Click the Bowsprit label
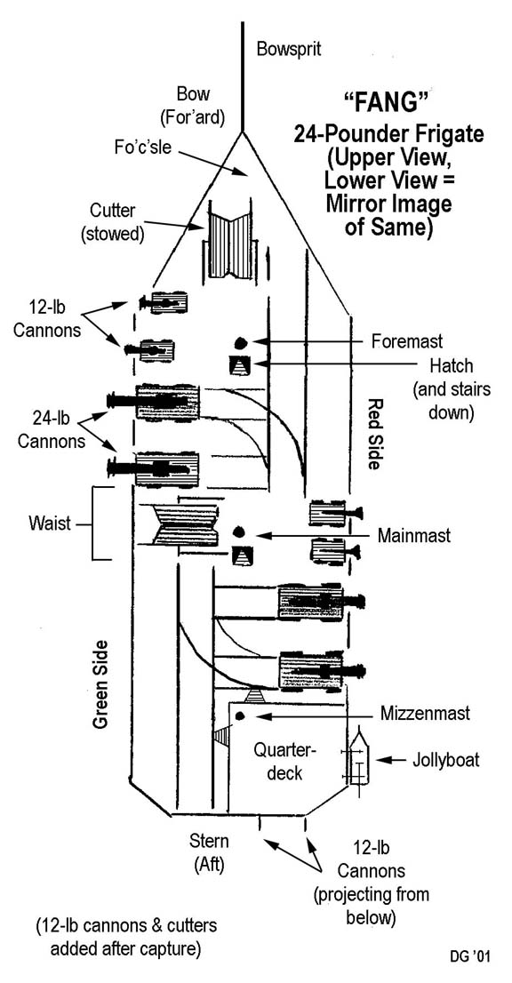[289, 50]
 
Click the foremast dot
[240, 342]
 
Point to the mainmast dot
[238, 532]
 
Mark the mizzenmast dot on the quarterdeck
[239, 716]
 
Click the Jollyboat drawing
[357, 761]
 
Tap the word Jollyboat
[445, 761]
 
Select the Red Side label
[374, 434]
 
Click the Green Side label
[100, 684]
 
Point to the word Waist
[50, 523]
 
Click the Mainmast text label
[414, 537]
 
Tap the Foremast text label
[407, 341]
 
